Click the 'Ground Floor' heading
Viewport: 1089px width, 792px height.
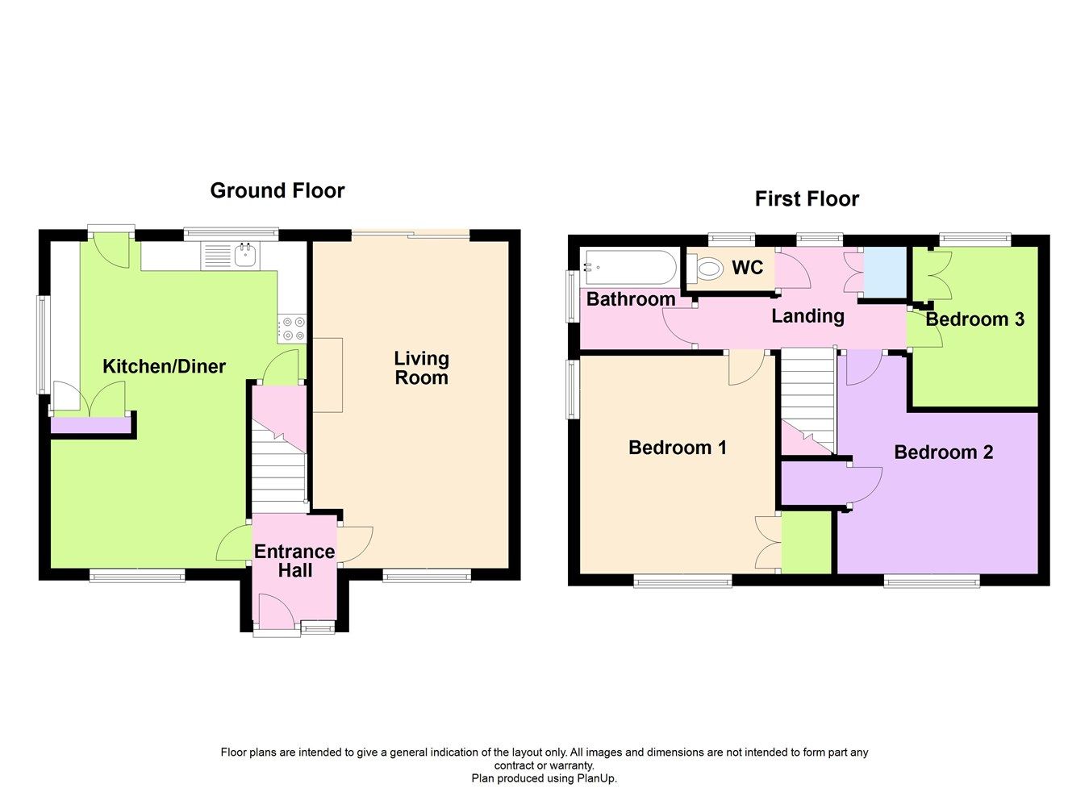click(277, 190)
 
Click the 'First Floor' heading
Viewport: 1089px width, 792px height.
click(807, 198)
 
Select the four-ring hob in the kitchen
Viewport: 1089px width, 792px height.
click(292, 328)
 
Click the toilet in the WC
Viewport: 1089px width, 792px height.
click(708, 269)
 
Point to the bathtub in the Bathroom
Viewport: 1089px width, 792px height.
click(630, 267)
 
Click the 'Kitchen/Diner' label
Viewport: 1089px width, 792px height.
click(164, 366)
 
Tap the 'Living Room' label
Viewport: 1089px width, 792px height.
click(421, 368)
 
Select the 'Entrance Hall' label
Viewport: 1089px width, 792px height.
click(294, 561)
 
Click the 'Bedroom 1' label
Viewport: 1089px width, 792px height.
click(678, 448)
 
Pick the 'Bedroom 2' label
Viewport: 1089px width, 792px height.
click(943, 452)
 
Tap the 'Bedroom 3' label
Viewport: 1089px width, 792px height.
click(974, 319)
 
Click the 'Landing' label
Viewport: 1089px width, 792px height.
click(807, 316)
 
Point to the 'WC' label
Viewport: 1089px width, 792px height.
click(747, 268)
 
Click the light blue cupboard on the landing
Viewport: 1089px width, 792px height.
click(885, 273)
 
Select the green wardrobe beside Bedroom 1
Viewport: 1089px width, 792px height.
click(806, 543)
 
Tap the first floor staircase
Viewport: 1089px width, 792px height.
click(807, 395)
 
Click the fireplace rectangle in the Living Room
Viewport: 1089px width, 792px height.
click(328, 375)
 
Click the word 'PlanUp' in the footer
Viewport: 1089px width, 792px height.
click(595, 778)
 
